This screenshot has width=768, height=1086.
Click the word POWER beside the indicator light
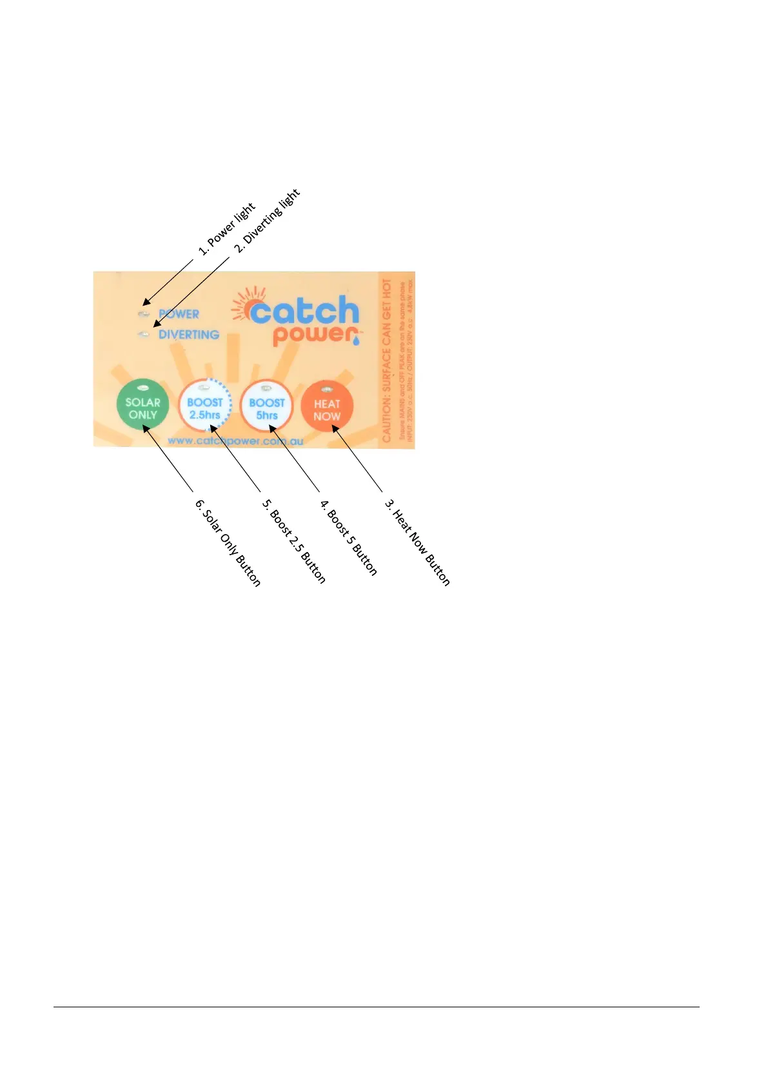pos(179,314)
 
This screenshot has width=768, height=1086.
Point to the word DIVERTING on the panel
pos(188,335)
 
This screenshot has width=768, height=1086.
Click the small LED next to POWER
pos(144,314)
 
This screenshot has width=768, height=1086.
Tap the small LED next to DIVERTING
pos(144,334)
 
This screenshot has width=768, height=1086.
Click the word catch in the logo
pos(304,312)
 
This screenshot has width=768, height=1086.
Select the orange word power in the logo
pos(315,335)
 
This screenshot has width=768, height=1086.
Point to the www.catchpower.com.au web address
pos(235,441)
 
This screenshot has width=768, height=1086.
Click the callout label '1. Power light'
pos(227,229)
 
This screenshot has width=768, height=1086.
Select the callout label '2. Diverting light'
pos(267,221)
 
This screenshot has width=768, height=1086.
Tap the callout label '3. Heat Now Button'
pos(417,542)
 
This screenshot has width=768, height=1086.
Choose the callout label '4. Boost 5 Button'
pos(349,538)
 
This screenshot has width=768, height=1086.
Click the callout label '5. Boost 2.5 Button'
pos(294,542)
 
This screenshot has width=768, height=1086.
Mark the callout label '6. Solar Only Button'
pos(228,543)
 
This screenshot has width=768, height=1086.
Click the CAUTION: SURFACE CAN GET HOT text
pos(386,360)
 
